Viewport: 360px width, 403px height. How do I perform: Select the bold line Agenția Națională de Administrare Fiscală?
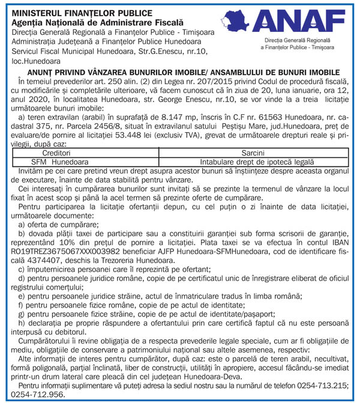pyautogui.click(x=83, y=20)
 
